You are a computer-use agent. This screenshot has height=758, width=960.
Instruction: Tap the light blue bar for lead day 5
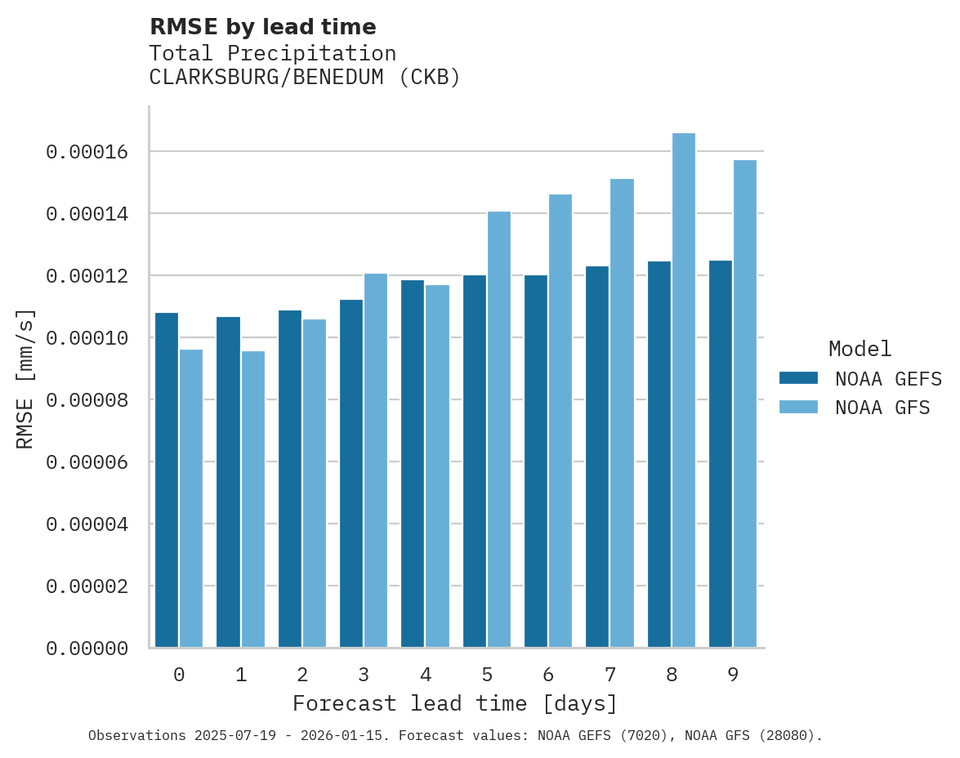[x=498, y=430]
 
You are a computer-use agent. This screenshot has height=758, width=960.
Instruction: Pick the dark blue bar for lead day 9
[x=721, y=454]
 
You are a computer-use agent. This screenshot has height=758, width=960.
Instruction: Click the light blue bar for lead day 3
[x=376, y=461]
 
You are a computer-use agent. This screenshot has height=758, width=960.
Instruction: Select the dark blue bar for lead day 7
[x=597, y=457]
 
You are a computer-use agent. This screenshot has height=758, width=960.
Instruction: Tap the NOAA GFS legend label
[x=882, y=407]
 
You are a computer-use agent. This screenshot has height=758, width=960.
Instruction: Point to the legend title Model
[x=860, y=349]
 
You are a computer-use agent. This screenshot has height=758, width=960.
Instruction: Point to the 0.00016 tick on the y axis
[x=87, y=152]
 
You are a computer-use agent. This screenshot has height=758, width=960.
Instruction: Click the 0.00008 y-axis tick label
[x=87, y=400]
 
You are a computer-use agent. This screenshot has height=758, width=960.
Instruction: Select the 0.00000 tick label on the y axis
[x=87, y=649]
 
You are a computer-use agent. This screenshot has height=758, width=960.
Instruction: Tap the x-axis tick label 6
[x=548, y=675]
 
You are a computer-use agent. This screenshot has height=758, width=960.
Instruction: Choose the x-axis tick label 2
[x=302, y=675]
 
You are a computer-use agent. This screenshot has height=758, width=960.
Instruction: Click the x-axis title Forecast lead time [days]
[x=455, y=703]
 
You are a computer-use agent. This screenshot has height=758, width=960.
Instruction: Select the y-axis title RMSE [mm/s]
[x=25, y=378]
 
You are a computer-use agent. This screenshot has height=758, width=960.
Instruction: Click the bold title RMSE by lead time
[x=263, y=27]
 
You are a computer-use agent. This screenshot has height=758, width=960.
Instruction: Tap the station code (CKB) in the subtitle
[x=431, y=78]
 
